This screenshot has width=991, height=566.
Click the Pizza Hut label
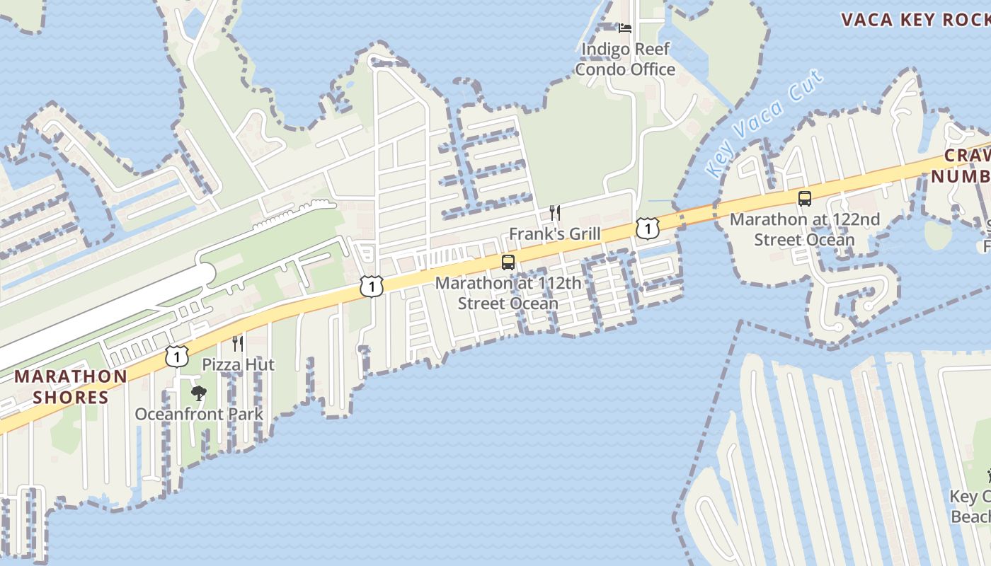point(239,365)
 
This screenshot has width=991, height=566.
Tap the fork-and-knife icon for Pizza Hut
point(238,344)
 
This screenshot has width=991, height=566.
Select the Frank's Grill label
point(555,234)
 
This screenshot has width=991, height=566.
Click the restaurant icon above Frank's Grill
point(555,213)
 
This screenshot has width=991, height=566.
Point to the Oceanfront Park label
point(199,415)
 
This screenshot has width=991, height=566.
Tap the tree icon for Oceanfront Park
point(199,393)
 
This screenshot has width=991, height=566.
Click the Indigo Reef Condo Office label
point(625,59)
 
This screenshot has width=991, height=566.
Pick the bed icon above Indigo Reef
point(625,28)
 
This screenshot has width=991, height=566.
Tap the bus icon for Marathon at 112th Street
point(508,262)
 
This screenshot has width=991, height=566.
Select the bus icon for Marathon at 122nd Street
point(805,199)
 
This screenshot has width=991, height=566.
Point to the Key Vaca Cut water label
point(765,125)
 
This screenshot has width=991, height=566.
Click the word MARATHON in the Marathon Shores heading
point(71,376)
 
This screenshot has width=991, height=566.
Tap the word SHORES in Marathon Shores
point(71,398)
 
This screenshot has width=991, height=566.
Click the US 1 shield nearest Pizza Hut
point(177,356)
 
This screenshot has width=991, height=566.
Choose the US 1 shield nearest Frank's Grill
point(646,228)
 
